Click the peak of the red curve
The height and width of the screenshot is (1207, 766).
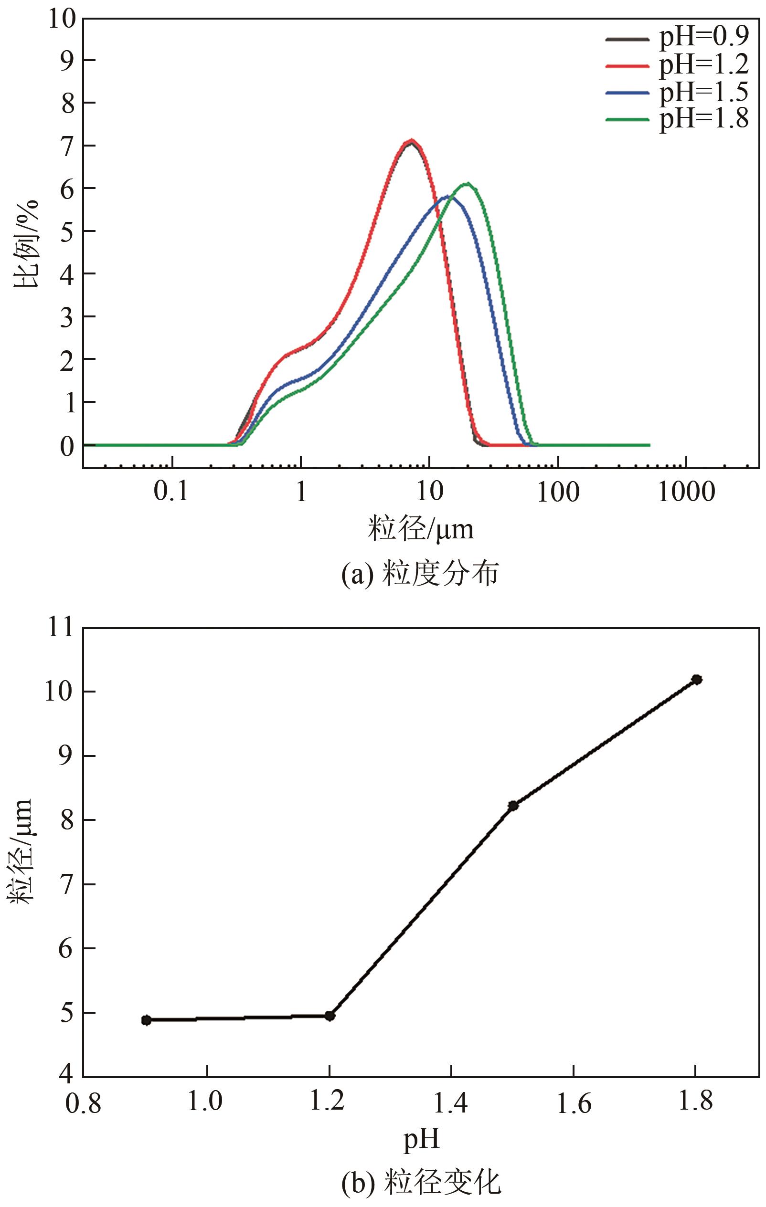411,141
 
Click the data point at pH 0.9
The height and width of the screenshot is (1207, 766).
146,1020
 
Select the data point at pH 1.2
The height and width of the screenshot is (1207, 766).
330,1016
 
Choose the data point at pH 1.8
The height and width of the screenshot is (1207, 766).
696,679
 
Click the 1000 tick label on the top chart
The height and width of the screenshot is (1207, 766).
686,492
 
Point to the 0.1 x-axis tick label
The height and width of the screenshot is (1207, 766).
171,492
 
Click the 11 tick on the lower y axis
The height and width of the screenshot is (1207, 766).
61,628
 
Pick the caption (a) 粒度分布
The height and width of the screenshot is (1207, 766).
420,574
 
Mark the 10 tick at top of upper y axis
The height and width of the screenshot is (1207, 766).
61,19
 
